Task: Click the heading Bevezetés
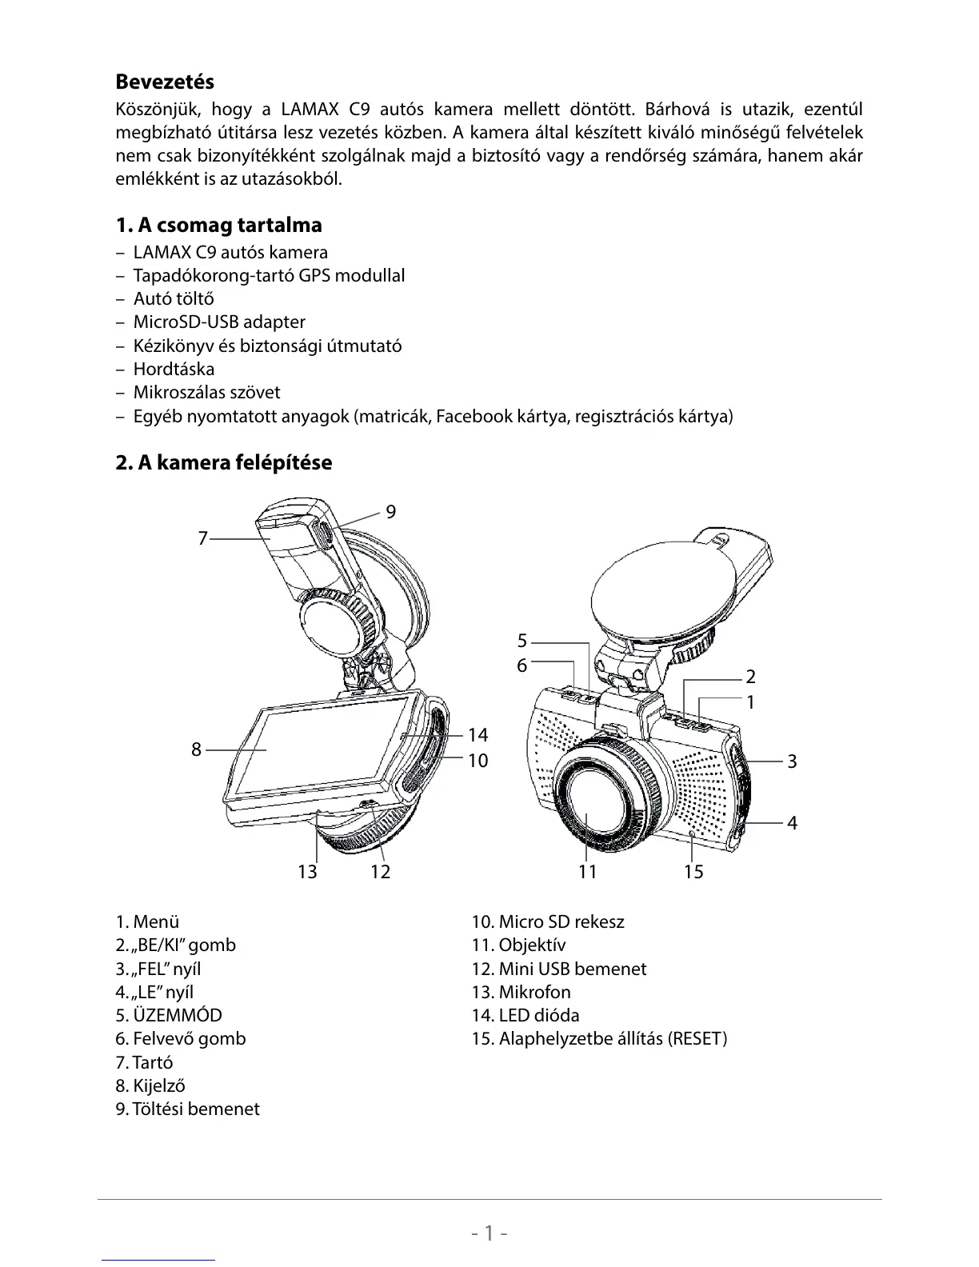coord(165,82)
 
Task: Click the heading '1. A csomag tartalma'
coord(218,225)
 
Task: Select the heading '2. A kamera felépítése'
coord(223,462)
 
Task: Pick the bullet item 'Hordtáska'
coord(173,370)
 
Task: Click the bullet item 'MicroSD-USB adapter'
coord(218,322)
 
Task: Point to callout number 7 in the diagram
coord(203,539)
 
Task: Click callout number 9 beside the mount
coord(390,512)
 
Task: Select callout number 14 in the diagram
coord(478,735)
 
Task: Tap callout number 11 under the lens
coord(588,872)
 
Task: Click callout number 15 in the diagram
coord(693,872)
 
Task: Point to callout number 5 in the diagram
coord(522,641)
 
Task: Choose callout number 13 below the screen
coord(307,872)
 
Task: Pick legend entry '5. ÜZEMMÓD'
coord(169,1015)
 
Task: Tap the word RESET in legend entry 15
coord(695,1039)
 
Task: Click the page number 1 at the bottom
coord(489,1233)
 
